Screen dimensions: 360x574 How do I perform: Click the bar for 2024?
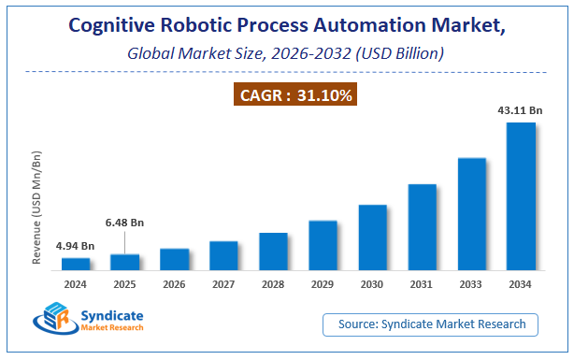coord(76,264)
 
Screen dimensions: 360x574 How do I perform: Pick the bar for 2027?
coord(223,255)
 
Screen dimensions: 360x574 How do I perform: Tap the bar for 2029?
coord(323,245)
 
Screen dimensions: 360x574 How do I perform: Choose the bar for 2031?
coord(423,226)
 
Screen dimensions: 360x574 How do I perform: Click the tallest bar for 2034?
coord(521,195)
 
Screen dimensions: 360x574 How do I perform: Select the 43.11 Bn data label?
coord(520,110)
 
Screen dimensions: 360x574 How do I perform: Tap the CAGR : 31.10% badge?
coord(286,94)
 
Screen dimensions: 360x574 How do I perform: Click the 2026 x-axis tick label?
coord(174,284)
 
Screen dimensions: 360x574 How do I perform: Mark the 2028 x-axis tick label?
coord(273,284)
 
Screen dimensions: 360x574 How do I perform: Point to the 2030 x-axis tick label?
coord(372,284)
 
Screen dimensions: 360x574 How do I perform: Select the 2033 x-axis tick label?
coord(471,284)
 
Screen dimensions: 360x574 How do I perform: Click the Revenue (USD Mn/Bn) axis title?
coord(38,206)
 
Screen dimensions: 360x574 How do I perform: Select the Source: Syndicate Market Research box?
coord(431,324)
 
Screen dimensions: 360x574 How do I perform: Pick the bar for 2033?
coord(471,213)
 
